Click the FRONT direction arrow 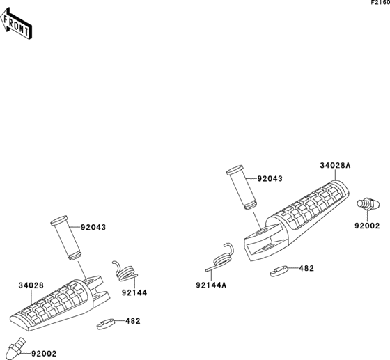pyautogui.click(x=15, y=24)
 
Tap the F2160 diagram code pyautogui.click(x=380, y=3)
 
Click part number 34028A pyautogui.click(x=335, y=165)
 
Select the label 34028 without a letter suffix pyautogui.click(x=31, y=285)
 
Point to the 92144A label pyautogui.click(x=211, y=285)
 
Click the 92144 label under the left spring pyautogui.click(x=134, y=293)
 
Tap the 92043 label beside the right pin pyautogui.click(x=270, y=179)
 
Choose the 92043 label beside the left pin pyautogui.click(x=93, y=227)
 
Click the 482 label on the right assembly pyautogui.click(x=306, y=268)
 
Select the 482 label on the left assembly pyautogui.click(x=133, y=321)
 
